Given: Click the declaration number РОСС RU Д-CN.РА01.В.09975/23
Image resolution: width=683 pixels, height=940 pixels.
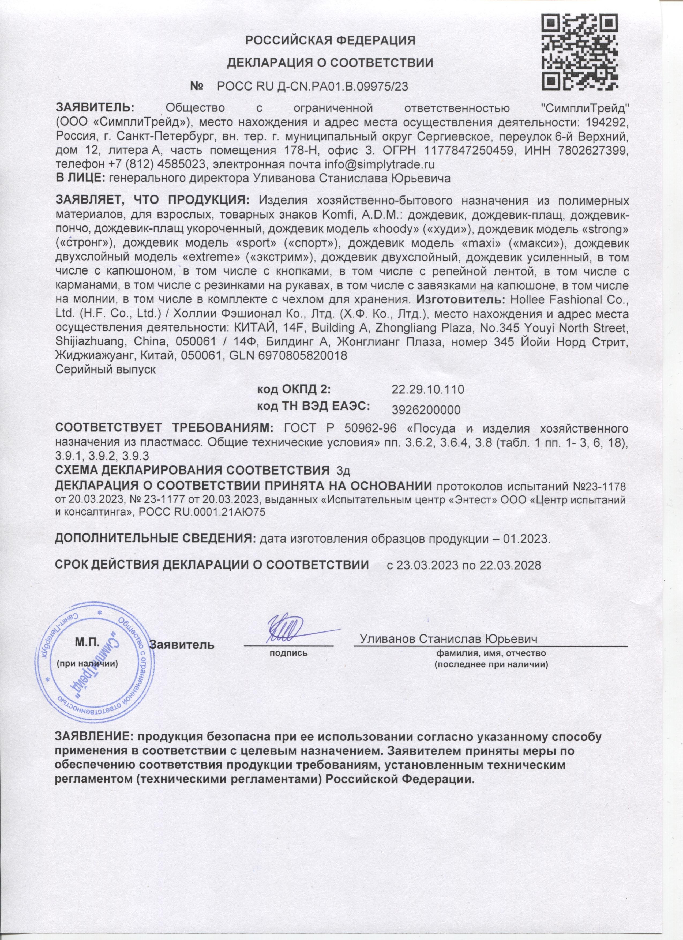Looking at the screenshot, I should point(313,86).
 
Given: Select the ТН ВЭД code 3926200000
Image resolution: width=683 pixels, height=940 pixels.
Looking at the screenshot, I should point(426,410).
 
